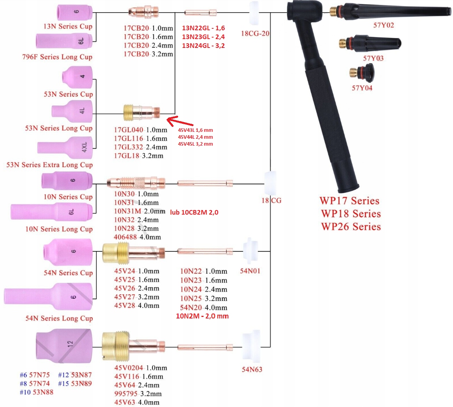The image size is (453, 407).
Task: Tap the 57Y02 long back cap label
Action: [384, 25]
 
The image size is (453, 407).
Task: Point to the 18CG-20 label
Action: [255, 33]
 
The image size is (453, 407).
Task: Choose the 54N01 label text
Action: [250, 271]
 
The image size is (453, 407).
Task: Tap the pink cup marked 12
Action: [64, 344]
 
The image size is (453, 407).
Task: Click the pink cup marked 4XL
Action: [65, 148]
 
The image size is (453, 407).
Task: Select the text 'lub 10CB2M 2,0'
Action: [194, 213]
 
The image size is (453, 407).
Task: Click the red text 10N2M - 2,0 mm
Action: [202, 316]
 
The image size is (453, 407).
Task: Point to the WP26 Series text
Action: [351, 227]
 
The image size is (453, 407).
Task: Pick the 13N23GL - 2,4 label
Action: [203, 37]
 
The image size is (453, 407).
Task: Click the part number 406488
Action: [125, 237]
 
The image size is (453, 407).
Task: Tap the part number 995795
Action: [126, 394]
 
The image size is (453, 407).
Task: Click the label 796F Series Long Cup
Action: [57, 57]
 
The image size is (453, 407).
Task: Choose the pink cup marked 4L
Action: [72, 112]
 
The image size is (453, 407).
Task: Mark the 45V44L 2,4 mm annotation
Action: [195, 137]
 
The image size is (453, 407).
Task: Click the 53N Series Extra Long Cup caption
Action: [50, 165]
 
